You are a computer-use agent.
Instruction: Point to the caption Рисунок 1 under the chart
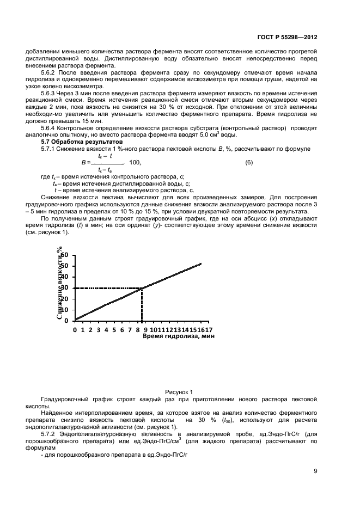tap(179, 391)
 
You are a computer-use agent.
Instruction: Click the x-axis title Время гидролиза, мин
tap(179, 337)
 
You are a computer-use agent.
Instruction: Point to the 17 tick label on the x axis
tap(209, 329)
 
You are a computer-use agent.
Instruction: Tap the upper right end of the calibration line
tap(201, 263)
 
